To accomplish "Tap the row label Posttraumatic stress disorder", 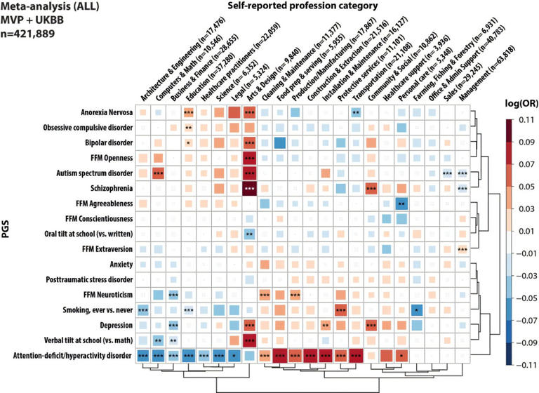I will [x=84, y=279].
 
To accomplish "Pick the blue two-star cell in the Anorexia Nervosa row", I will [x=356, y=112].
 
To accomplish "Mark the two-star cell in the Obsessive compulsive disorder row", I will [x=188, y=128].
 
